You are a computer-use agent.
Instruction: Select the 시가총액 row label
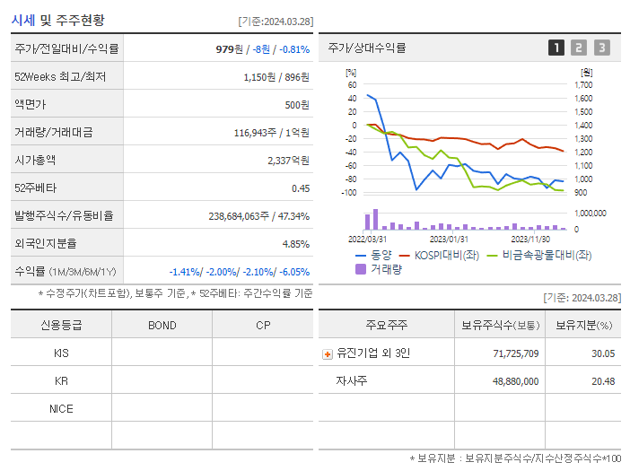(x=34, y=161)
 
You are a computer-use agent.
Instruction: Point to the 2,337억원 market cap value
(x=288, y=161)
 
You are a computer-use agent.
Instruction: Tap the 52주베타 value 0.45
(x=300, y=188)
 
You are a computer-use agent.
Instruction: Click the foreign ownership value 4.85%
(x=295, y=244)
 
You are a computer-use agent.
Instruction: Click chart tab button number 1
(x=556, y=48)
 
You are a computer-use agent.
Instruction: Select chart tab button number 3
(x=601, y=48)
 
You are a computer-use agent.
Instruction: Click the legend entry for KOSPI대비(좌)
(x=440, y=255)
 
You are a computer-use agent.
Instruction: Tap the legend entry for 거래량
(x=381, y=268)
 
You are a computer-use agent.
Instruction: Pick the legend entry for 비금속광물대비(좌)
(x=538, y=255)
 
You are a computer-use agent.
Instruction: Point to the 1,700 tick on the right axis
(x=583, y=84)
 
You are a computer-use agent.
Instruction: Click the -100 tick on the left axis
(x=351, y=193)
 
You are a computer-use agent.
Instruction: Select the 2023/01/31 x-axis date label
(x=449, y=239)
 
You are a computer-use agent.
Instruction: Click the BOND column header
(x=162, y=326)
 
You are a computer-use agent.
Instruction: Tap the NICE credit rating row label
(x=61, y=409)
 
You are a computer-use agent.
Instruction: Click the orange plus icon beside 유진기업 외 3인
(x=327, y=353)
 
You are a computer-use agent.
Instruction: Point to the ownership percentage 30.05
(x=603, y=353)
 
